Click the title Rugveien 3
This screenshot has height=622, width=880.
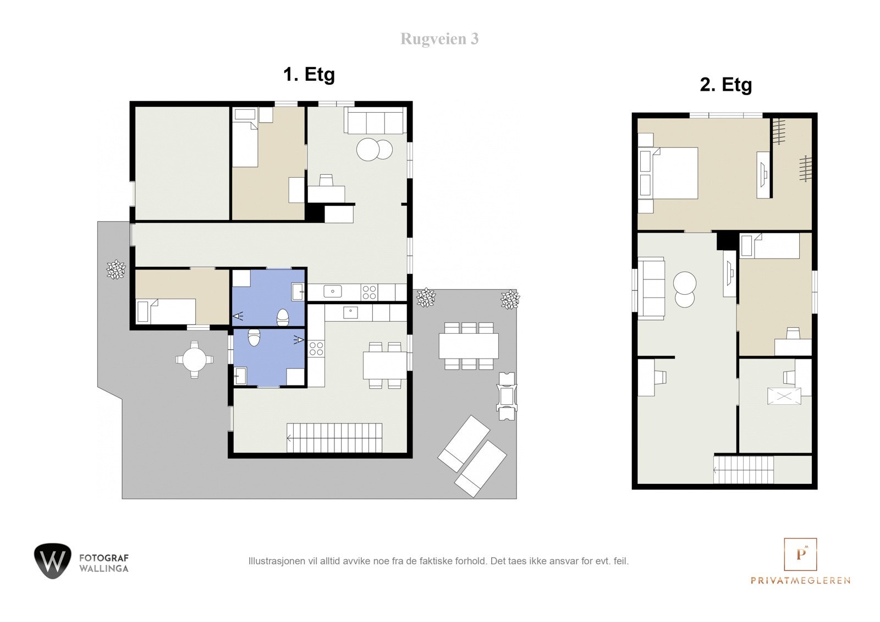point(439,39)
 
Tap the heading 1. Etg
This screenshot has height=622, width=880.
point(309,75)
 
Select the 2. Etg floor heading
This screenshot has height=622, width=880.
point(726,85)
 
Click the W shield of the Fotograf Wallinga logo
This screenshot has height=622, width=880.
point(53,561)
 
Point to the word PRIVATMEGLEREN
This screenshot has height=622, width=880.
point(801,581)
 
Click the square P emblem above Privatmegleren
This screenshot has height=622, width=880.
point(800,554)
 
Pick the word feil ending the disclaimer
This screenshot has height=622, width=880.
point(621,561)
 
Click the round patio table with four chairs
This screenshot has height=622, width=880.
point(195,360)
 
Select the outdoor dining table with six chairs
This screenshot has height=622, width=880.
point(469,346)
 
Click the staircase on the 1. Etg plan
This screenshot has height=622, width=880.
point(334,438)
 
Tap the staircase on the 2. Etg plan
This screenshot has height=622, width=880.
point(744,470)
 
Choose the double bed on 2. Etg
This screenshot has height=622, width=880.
point(668,173)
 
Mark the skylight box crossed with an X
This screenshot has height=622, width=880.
point(784,396)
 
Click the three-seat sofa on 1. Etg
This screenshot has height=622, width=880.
point(375,120)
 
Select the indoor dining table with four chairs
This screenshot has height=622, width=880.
point(384,365)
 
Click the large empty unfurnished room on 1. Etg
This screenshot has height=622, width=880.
point(182,163)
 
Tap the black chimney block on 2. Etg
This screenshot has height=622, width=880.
point(727,240)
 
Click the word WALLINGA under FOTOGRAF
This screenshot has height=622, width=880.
point(104,569)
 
